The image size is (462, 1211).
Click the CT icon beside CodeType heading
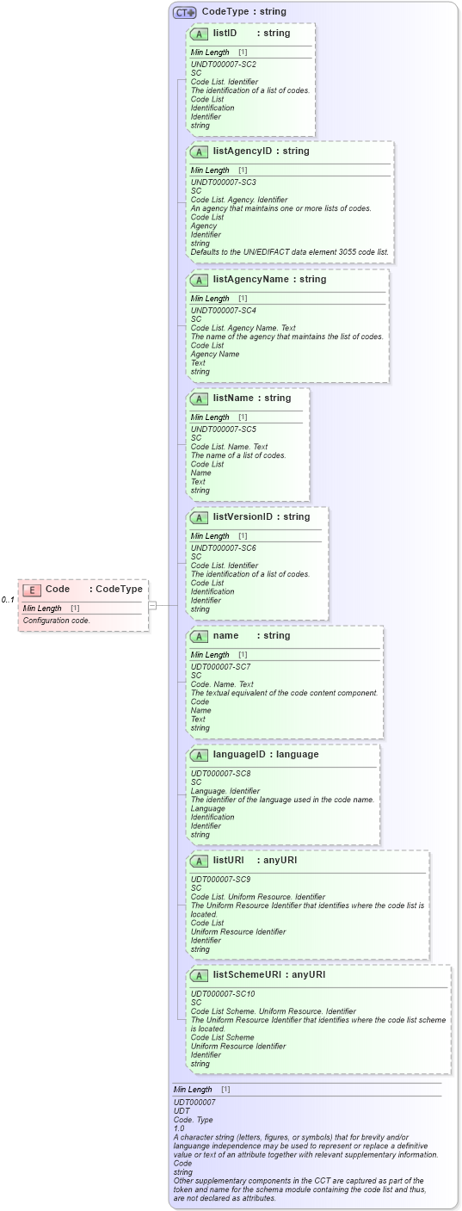[185, 12]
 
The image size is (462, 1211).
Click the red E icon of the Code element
[32, 590]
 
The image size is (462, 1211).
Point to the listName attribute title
[228, 399]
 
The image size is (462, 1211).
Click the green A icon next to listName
[199, 399]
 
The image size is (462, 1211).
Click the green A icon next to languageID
[199, 755]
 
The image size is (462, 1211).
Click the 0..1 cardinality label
[8, 600]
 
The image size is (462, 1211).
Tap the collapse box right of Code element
[152, 605]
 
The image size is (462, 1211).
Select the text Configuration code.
[56, 620]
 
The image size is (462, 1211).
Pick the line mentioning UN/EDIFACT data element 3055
[289, 252]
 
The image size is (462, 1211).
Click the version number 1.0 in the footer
[179, 1128]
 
